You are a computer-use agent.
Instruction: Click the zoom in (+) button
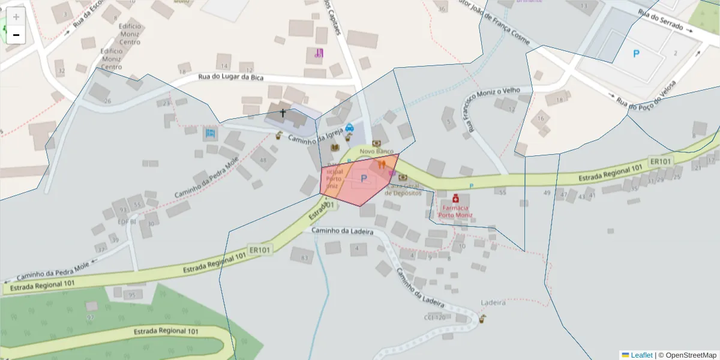(x=16, y=17)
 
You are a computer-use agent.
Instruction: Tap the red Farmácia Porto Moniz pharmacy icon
(x=455, y=198)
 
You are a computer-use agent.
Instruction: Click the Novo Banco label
(x=376, y=152)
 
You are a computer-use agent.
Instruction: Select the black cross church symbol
(x=283, y=112)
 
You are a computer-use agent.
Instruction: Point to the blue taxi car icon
(x=350, y=127)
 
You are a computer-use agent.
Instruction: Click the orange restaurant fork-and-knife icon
(x=382, y=164)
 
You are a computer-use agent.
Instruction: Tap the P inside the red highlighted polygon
(x=364, y=178)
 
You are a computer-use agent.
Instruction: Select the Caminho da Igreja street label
(x=315, y=135)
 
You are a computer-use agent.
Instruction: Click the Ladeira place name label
(x=494, y=302)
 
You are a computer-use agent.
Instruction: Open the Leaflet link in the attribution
(x=641, y=355)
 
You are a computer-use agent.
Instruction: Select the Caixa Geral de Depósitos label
(x=403, y=189)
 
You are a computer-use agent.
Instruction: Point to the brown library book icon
(x=335, y=147)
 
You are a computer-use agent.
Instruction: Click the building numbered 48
(x=263, y=160)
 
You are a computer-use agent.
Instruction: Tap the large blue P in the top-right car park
(x=637, y=53)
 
